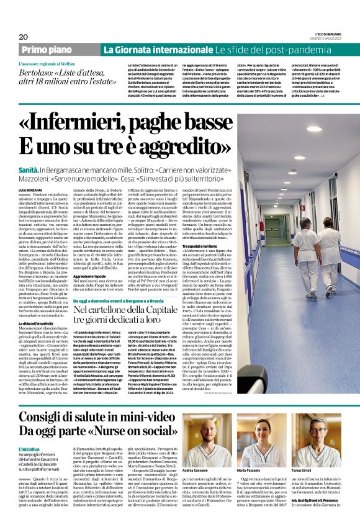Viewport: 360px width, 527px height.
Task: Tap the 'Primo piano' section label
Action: coord(47,50)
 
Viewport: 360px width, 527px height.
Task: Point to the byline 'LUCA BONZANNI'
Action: coord(32,188)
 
